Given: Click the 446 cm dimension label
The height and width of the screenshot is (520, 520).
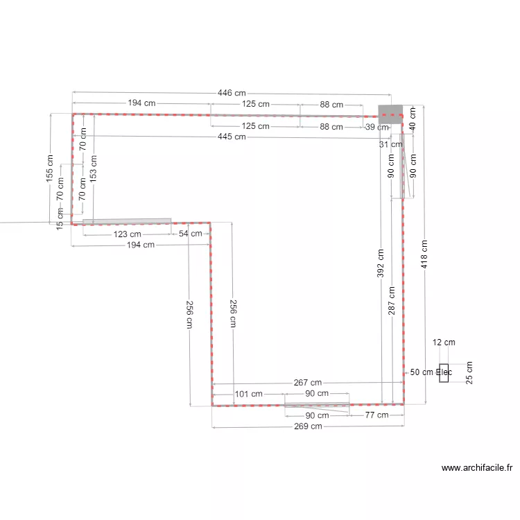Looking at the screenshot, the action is tap(232, 93).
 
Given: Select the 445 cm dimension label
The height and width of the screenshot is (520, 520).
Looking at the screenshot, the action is tap(232, 137).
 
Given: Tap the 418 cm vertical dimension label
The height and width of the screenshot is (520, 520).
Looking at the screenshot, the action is tap(424, 254).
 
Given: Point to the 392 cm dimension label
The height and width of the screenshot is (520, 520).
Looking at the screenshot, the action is tap(381, 263).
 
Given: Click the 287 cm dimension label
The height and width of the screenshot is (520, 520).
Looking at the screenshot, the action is tap(392, 300).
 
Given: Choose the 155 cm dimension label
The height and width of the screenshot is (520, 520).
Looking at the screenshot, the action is tap(49, 168).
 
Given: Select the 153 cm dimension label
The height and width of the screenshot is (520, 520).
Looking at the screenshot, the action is tap(93, 168).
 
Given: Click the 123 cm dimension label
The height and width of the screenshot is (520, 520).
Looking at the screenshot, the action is tap(128, 234).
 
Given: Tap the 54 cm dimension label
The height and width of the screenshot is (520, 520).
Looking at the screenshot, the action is tap(191, 234).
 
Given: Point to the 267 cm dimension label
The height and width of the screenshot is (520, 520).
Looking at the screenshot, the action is tap(308, 382).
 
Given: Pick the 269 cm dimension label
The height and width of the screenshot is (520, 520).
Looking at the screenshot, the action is tap(308, 426).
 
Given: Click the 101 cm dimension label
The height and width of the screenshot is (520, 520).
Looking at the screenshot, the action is tap(249, 394).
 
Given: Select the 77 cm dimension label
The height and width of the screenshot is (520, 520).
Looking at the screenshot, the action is tap(376, 415).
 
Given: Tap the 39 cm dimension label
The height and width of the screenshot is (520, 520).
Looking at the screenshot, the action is tap(377, 127).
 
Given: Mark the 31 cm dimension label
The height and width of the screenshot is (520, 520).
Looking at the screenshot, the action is tap(390, 144).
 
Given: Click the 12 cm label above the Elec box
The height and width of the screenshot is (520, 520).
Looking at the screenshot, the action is tap(444, 343).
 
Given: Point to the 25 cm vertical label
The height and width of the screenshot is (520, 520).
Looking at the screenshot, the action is tap(469, 373).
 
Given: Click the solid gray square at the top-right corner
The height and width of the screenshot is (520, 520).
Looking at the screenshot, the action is tap(390, 114).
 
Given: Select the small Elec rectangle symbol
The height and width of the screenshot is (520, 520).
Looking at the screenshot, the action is tap(444, 373).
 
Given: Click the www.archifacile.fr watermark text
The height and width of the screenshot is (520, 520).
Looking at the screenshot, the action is tap(477, 467).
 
